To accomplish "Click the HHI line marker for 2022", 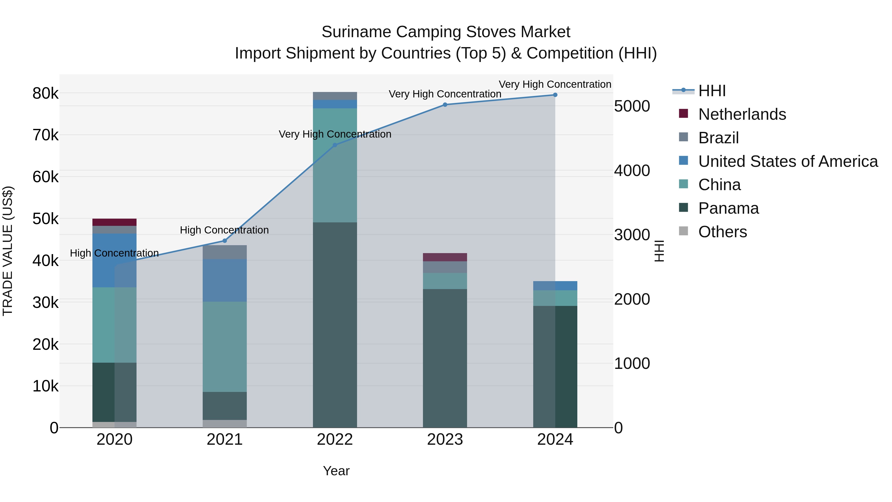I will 334,145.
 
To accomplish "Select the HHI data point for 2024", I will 555,95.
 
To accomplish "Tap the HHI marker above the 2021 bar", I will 224,241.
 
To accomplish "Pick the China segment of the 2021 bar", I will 224,347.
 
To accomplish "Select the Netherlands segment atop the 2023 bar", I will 445,257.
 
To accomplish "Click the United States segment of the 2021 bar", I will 224,280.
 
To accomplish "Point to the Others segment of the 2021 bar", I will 224,423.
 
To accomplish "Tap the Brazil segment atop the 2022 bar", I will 334,96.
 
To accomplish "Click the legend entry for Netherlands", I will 742,114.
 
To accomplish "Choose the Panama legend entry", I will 728,208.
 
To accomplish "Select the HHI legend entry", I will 712,91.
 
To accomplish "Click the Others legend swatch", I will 683,231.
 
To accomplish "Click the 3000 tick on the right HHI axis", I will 632,235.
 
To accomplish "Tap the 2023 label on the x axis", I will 445,440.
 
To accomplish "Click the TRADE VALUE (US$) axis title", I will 8,251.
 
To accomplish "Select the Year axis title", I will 336,471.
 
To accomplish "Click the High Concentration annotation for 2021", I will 224,230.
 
